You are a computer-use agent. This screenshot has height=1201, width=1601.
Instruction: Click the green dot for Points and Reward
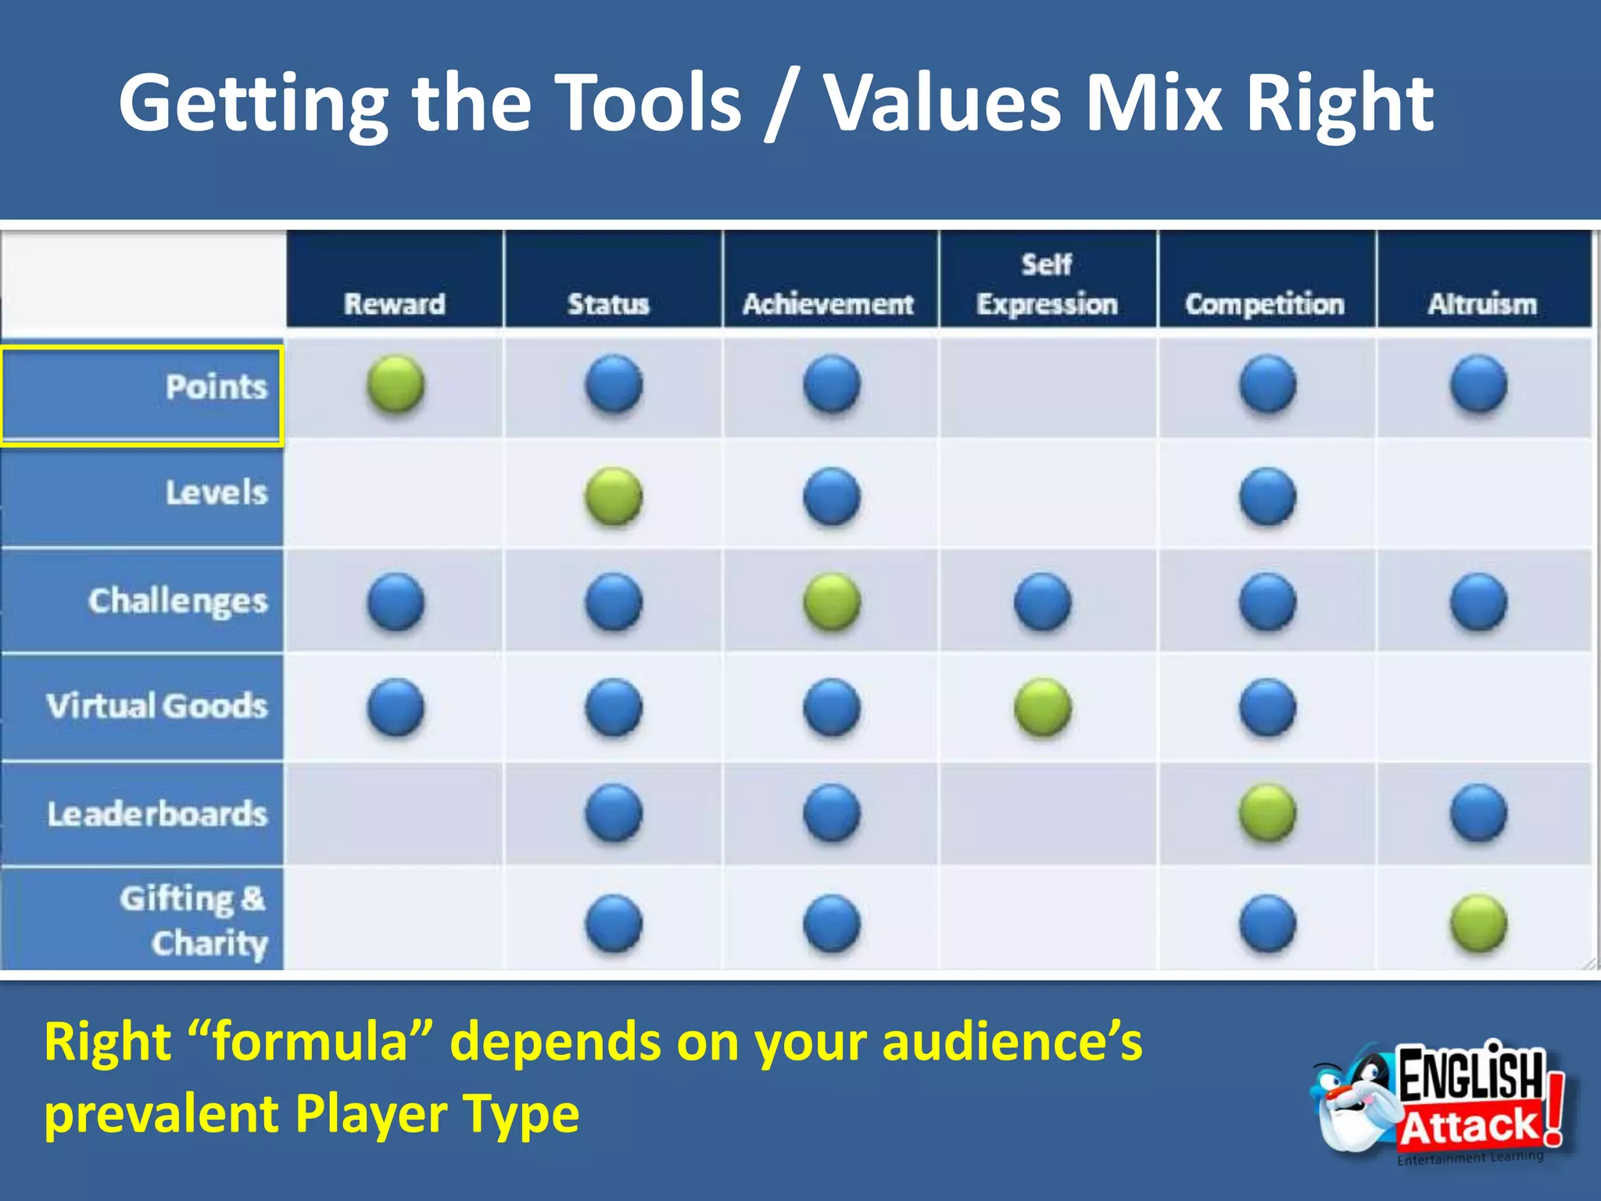tap(396, 384)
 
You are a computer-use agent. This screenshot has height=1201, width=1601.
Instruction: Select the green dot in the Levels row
tap(614, 496)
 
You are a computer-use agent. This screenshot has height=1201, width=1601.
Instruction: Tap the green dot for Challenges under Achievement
tap(832, 601)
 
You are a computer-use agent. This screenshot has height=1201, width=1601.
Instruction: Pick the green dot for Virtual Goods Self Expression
tap(1043, 708)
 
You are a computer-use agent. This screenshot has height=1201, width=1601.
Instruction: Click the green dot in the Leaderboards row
tap(1267, 813)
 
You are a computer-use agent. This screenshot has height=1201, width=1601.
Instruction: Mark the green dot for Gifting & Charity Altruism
tap(1478, 923)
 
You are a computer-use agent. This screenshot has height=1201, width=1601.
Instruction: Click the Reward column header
tap(395, 303)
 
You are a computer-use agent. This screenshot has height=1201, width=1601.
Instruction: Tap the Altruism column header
tap(1482, 303)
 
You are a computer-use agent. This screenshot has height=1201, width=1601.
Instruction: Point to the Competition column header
tap(1265, 303)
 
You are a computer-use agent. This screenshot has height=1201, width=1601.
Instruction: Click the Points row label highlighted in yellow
tap(216, 387)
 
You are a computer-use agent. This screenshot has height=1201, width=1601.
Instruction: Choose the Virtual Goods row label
tap(156, 706)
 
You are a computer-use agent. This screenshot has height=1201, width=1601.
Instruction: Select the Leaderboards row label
tap(156, 814)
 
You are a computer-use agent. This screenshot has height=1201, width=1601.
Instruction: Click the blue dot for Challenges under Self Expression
tap(1043, 601)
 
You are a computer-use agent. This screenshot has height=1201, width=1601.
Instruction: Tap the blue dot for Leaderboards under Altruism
tap(1478, 813)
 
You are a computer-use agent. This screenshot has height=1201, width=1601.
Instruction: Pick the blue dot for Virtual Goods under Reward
tap(396, 708)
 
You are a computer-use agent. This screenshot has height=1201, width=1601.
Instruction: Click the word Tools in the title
tap(651, 103)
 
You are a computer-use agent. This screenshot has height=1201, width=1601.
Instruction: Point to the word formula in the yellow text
tap(310, 1042)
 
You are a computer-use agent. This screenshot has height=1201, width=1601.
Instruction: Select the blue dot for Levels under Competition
tap(1267, 496)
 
